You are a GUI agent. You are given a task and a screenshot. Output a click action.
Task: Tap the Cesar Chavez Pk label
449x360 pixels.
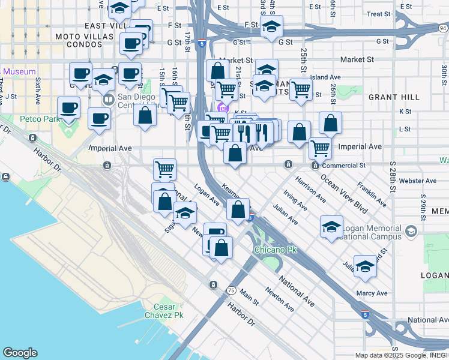(x=160, y=311)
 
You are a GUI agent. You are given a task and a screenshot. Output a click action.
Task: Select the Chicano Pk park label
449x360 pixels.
(x=276, y=249)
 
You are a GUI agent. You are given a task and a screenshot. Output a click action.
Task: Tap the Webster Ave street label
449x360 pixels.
(x=418, y=181)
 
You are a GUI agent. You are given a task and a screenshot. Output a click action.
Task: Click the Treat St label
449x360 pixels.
(x=378, y=14)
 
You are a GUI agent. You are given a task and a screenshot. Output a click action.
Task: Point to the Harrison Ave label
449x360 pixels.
(x=309, y=189)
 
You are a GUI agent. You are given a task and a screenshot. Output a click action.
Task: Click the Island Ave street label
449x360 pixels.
(x=325, y=77)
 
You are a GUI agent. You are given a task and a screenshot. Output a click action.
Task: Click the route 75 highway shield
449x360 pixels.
(x=231, y=290)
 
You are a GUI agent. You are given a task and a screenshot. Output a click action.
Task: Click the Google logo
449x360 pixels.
(x=20, y=353)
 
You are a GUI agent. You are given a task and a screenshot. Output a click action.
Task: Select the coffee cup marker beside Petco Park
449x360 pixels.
(x=69, y=108)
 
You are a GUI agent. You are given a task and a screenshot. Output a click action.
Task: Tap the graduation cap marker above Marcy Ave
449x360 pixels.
(x=365, y=266)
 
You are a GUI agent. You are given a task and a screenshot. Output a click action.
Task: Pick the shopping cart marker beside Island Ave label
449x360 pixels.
(x=300, y=89)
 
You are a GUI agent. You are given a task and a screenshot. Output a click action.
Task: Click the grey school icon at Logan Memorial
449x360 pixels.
(x=411, y=232)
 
